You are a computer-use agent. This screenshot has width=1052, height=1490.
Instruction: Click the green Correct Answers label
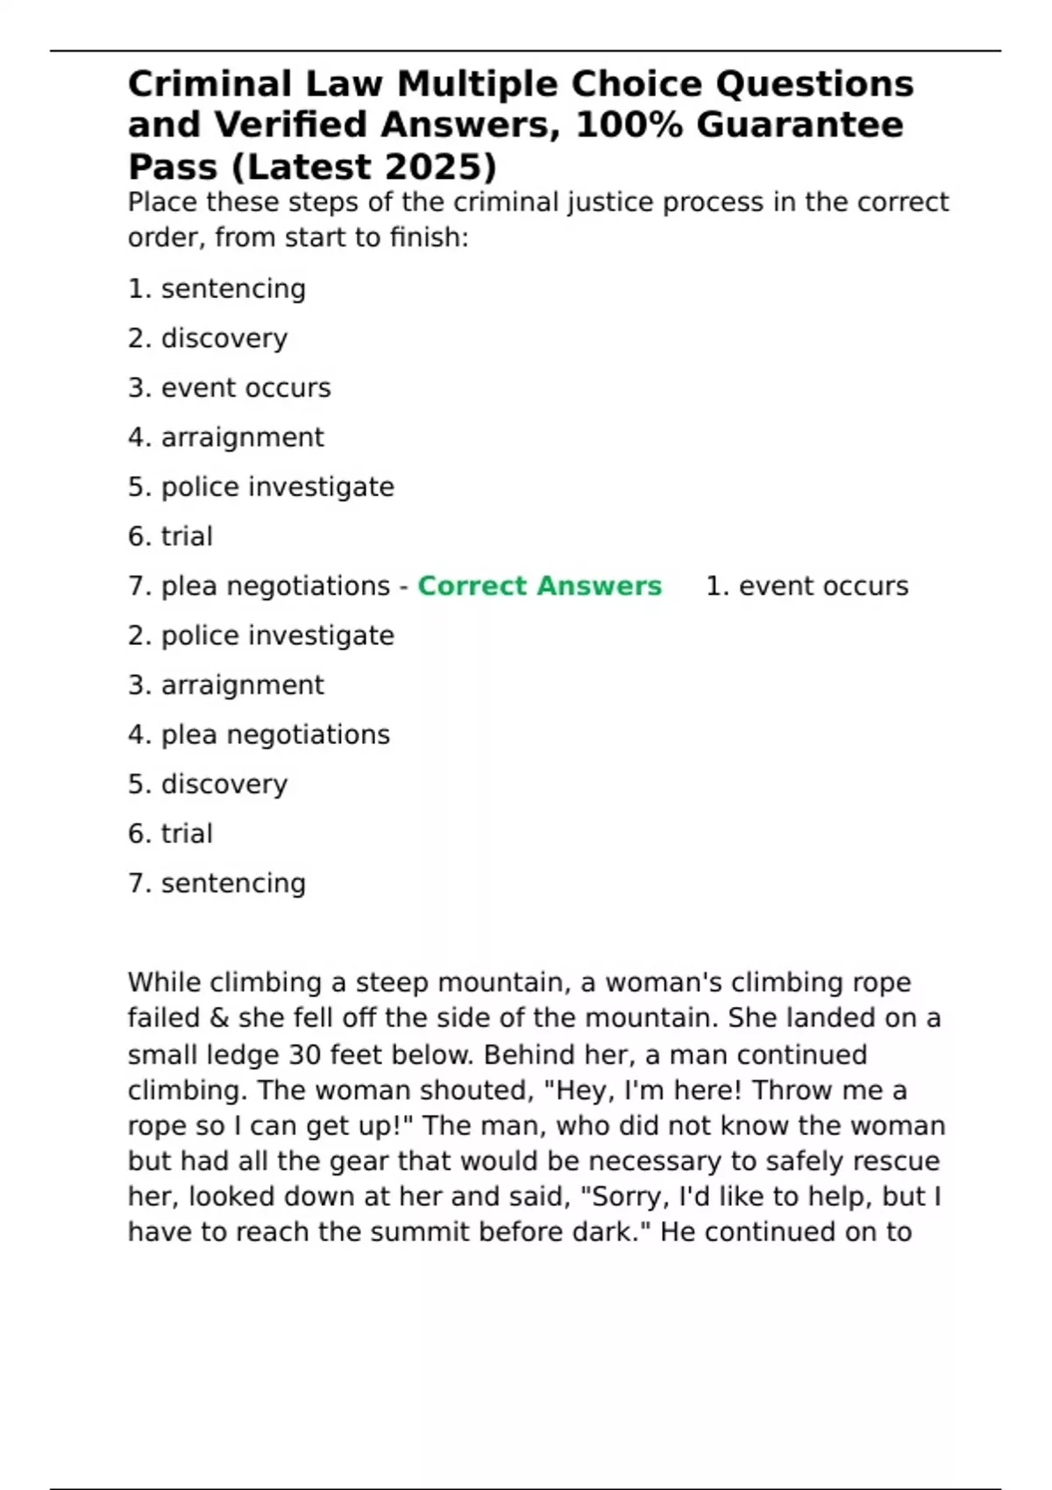[539, 585]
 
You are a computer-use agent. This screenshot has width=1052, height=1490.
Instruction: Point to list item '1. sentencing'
[217, 288]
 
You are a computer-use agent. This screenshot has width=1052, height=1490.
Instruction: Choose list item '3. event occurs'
[229, 387]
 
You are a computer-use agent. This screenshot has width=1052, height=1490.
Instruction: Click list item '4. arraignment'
[225, 436]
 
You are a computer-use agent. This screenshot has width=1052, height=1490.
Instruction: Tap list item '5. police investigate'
[260, 486]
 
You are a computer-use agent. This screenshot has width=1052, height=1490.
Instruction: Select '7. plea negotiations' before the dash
[259, 585]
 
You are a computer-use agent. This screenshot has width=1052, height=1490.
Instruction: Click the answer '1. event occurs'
[807, 585]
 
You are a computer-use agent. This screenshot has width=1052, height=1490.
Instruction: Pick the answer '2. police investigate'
[260, 635]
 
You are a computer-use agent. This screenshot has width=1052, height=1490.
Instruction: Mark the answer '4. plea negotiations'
[259, 734]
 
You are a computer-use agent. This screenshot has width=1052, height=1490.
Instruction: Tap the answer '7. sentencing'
[217, 883]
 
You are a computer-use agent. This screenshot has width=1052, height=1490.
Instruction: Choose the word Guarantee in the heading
[800, 124]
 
